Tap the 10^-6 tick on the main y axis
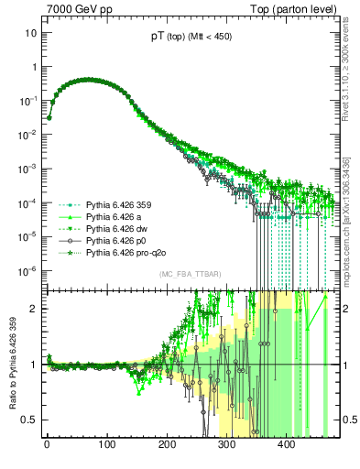[27, 270]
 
